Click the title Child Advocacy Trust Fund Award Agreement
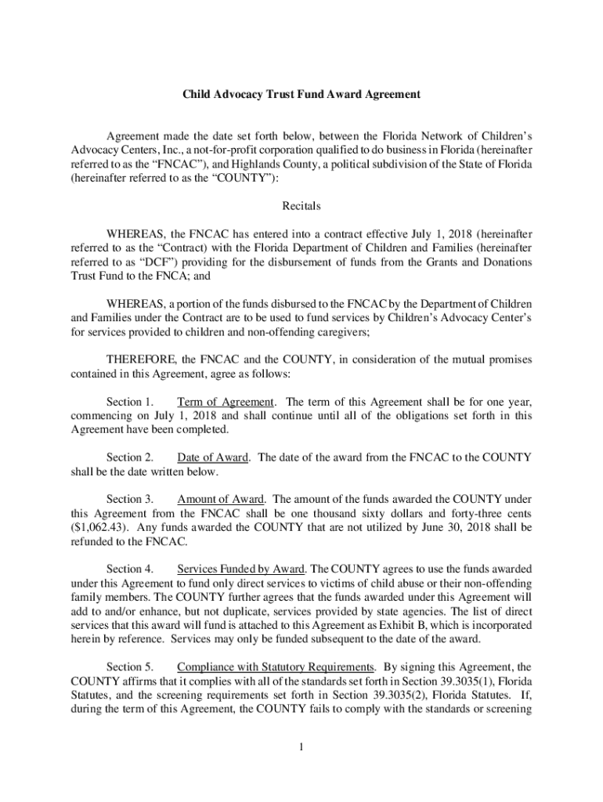pyautogui.click(x=301, y=94)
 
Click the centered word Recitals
pyautogui.click(x=301, y=207)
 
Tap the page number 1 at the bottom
pyautogui.click(x=301, y=746)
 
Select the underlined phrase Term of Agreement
pyautogui.click(x=226, y=402)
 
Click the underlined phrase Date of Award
pyautogui.click(x=212, y=457)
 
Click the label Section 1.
pyautogui.click(x=129, y=402)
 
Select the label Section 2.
pyautogui.click(x=129, y=457)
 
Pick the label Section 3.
pyautogui.click(x=129, y=498)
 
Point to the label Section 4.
pyautogui.click(x=129, y=569)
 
